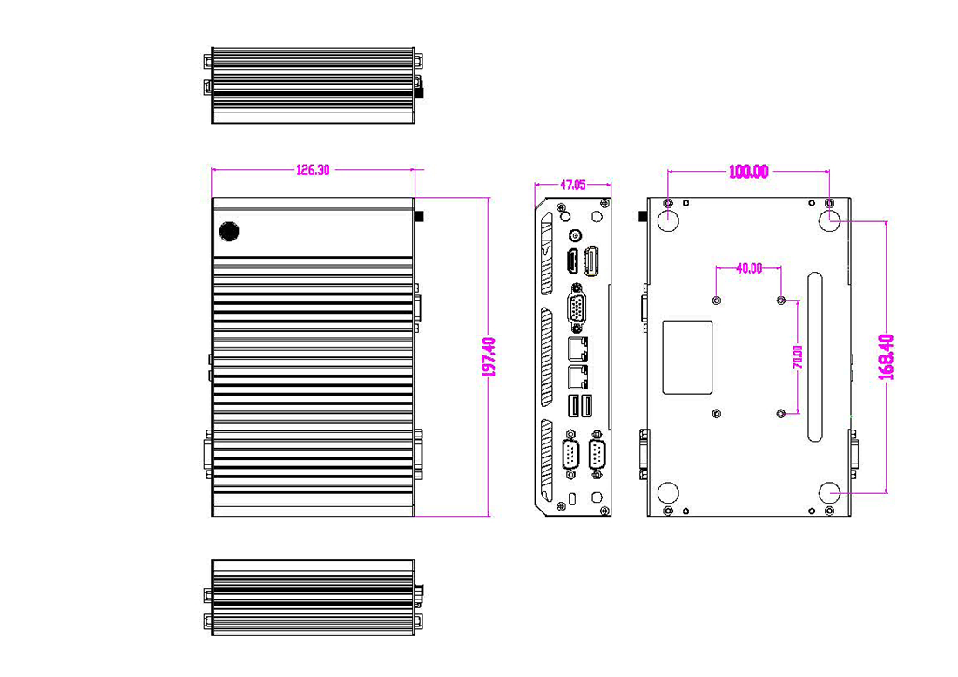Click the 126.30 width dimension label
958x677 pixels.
pos(313,171)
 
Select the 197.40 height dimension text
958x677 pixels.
pos(489,357)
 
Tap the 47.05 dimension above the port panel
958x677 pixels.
pos(572,185)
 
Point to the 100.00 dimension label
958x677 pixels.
pos(748,172)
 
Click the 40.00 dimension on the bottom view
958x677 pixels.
pos(748,268)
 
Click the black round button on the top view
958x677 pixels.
pos(229,231)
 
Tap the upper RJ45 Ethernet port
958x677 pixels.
pos(576,349)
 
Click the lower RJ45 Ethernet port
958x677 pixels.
pos(576,377)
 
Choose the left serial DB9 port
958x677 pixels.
pos(570,456)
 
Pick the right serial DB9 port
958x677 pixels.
pos(597,456)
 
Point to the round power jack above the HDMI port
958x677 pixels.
pos(574,235)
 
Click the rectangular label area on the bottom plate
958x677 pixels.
pos(688,356)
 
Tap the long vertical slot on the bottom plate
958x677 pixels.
pos(814,357)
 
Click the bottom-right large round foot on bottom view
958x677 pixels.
pos(830,493)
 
